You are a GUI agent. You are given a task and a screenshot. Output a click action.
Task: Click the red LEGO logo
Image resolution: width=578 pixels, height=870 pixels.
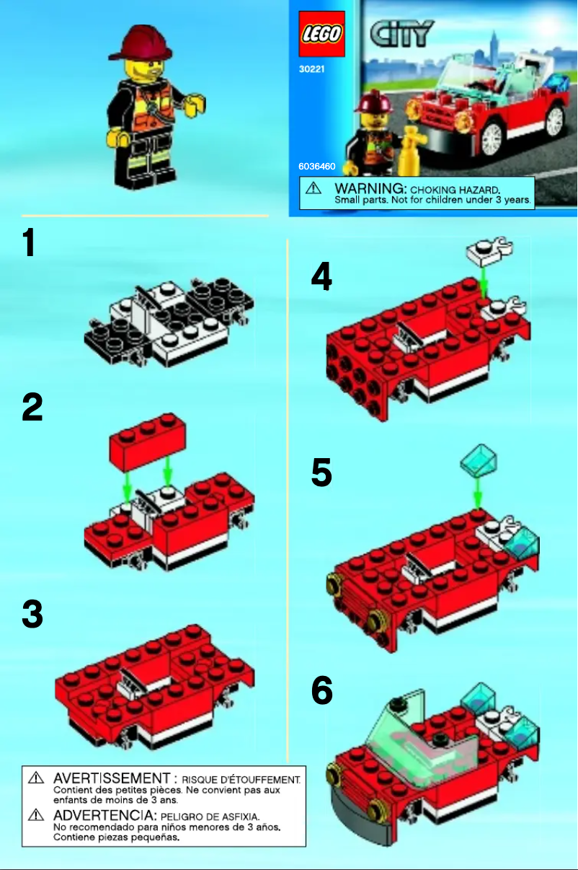coord(321,34)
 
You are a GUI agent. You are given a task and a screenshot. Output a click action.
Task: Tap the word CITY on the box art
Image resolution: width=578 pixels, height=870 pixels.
coord(402,33)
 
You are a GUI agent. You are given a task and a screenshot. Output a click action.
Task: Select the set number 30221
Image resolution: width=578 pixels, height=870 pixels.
coord(311,70)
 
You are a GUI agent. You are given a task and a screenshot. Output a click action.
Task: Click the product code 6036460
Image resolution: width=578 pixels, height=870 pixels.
coord(317,166)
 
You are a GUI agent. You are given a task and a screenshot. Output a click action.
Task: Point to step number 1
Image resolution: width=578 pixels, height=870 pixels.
coord(29,243)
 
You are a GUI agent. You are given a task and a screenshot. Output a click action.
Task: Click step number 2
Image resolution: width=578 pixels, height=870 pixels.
coord(32,408)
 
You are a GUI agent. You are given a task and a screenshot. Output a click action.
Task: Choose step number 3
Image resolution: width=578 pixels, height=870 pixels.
coord(32,615)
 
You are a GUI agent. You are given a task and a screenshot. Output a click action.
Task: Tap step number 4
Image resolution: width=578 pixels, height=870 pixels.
coord(321,277)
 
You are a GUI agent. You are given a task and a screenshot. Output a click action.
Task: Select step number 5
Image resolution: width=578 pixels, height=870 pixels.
coord(321,474)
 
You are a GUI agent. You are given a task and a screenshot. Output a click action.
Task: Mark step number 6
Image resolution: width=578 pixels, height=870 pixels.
coord(322,691)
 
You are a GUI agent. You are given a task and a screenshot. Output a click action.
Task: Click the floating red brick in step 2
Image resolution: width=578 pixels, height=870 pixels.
coord(146,440)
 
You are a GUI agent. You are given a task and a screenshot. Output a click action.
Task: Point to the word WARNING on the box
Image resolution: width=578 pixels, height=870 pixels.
coord(366,188)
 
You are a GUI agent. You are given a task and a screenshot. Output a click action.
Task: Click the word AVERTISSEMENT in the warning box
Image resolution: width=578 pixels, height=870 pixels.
coord(111,778)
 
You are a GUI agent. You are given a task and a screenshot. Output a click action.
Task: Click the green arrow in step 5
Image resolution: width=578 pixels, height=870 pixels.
coord(478,496)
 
